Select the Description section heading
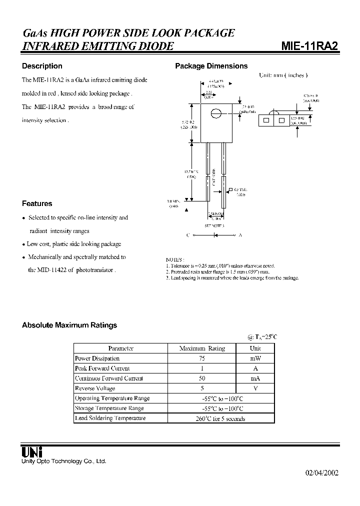click(x=42, y=66)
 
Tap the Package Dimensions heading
click(x=211, y=66)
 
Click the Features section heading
click(x=37, y=203)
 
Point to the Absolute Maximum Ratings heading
click(x=69, y=325)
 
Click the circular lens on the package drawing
click(x=215, y=113)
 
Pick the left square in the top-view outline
click(x=266, y=120)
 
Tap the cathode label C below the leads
click(x=188, y=234)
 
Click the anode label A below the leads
click(x=240, y=234)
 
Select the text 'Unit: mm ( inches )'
click(x=282, y=75)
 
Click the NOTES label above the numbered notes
click(x=174, y=259)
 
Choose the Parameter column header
click(x=120, y=348)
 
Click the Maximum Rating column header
click(x=202, y=348)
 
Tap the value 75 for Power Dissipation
click(x=202, y=358)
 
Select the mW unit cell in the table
click(x=255, y=358)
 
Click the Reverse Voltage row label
click(x=95, y=388)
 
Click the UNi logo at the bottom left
click(x=31, y=451)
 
